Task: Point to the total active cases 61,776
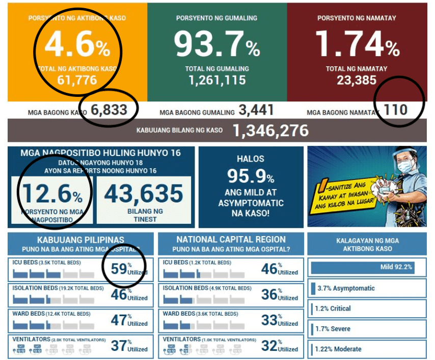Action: click(77, 80)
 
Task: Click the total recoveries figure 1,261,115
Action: click(217, 80)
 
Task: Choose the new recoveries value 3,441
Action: click(256, 110)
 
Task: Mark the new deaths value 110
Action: click(395, 109)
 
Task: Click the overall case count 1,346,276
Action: click(270, 131)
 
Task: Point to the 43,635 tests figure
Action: click(144, 194)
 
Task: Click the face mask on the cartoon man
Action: click(405, 166)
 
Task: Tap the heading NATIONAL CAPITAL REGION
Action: click(231, 239)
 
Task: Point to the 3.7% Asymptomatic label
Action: click(346, 288)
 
